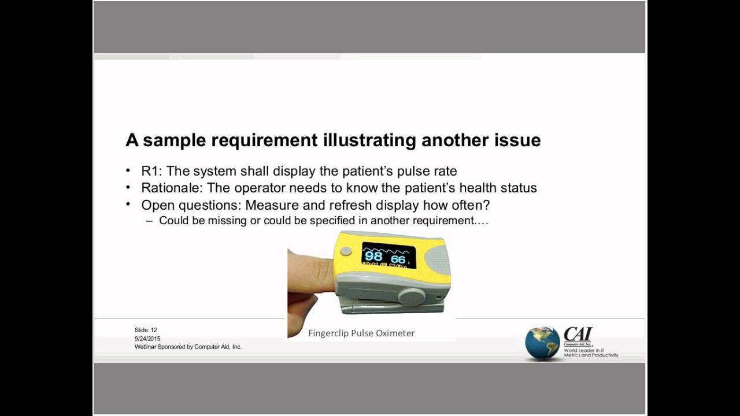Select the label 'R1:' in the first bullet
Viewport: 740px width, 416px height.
[151, 171]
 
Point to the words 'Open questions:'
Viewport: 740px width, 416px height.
[191, 205]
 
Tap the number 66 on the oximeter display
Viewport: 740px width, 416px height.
[398, 259]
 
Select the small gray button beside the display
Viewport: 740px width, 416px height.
[345, 251]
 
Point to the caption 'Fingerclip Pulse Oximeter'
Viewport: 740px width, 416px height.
[361, 333]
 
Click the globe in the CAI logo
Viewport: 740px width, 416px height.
[542, 343]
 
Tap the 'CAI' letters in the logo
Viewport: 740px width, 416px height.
[578, 334]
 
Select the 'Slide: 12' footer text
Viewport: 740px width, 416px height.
[146, 330]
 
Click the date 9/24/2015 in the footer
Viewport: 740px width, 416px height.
[147, 339]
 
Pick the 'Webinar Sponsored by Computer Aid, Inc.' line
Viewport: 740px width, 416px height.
[188, 347]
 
